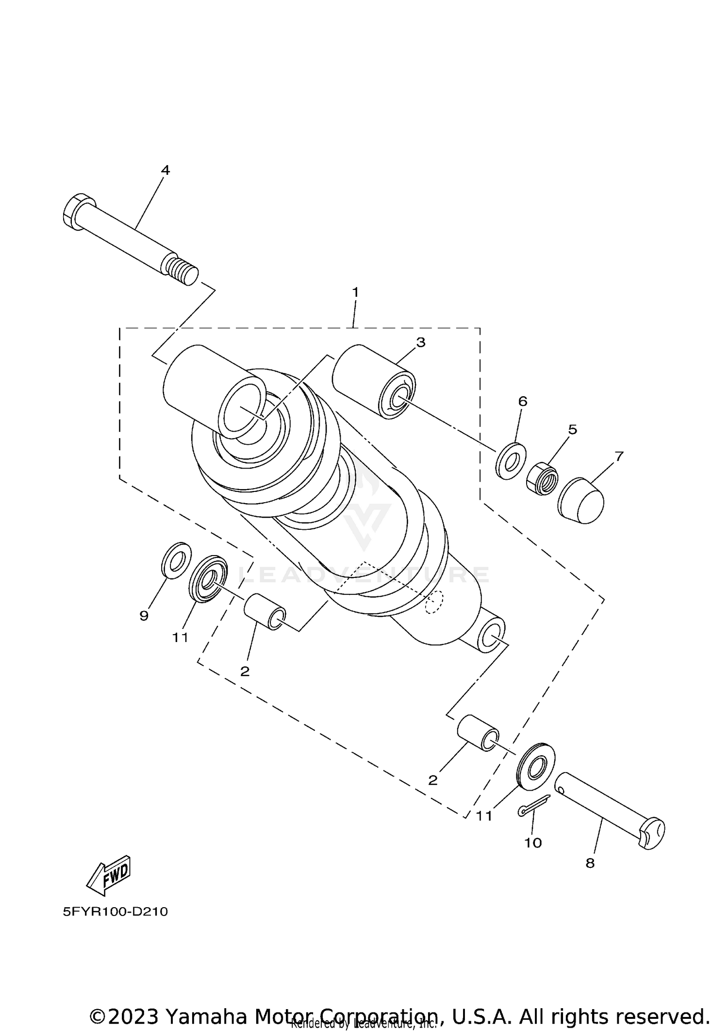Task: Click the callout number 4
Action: pos(165,170)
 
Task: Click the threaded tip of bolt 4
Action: pos(183,271)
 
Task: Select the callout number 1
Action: pos(355,292)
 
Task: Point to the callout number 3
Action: pos(420,342)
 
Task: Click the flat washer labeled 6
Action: pos(511,460)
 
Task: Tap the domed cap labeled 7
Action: pos(581,501)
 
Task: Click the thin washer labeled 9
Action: pos(176,561)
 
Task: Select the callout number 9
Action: pos(144,616)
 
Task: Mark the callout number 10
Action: pos(532,843)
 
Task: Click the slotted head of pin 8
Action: pos(651,833)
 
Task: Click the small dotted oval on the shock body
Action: pos(434,603)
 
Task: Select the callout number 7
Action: pos(618,457)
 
